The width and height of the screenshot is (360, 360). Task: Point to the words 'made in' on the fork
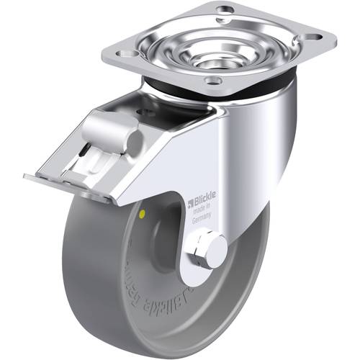[204, 215]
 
